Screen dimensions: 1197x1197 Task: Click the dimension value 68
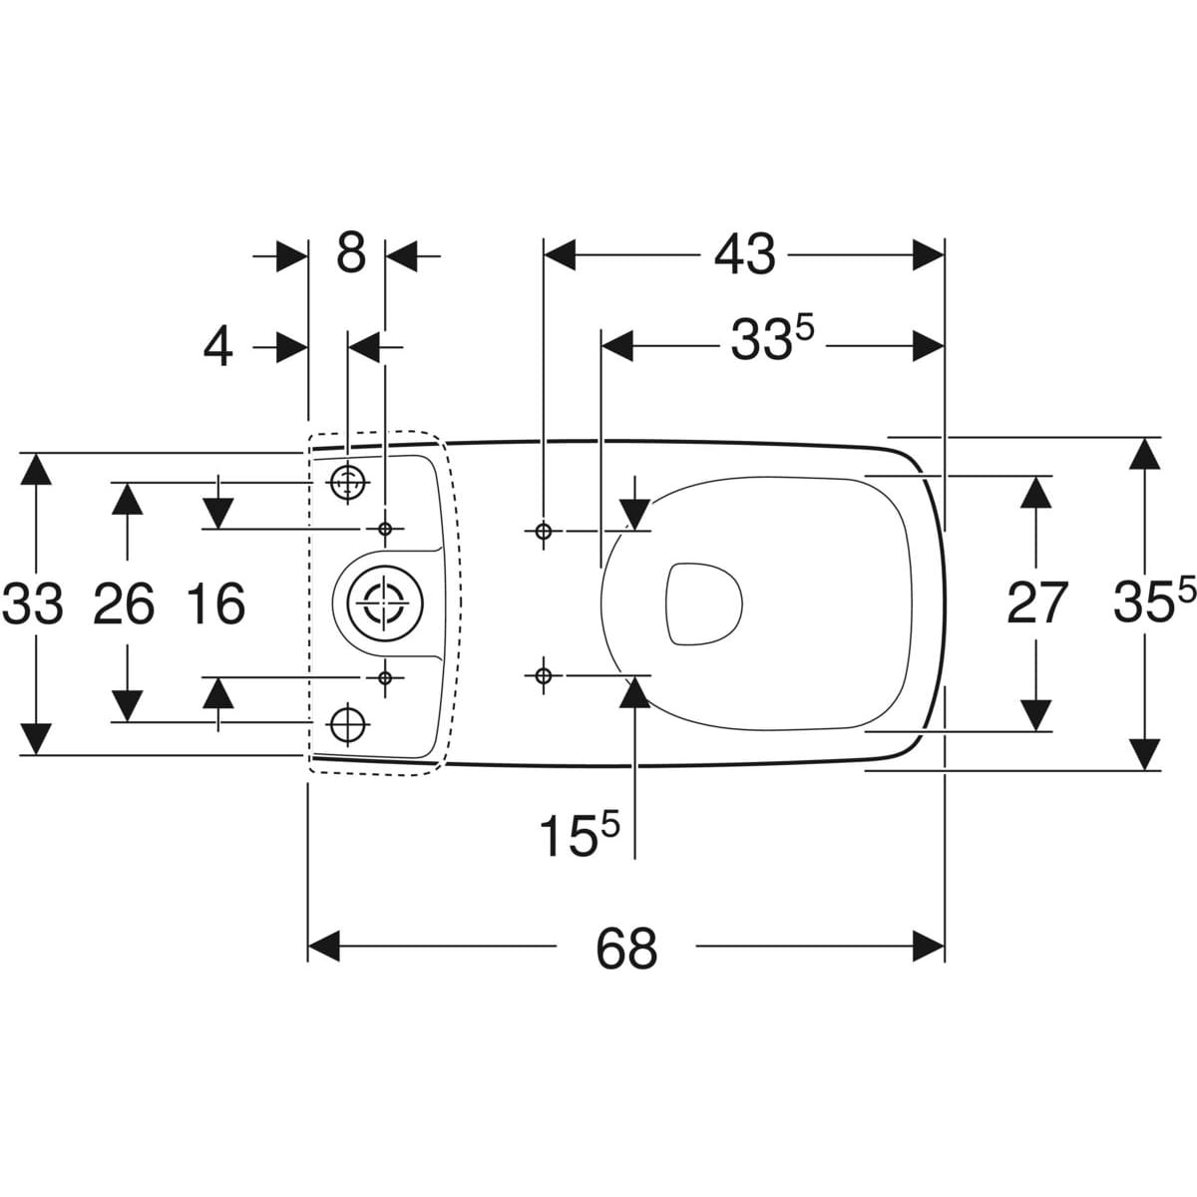pos(626,948)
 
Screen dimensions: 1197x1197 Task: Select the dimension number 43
pos(744,255)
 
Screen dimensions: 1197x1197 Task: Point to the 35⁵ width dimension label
pos(1152,602)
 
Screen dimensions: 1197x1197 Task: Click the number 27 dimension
pos(1037,602)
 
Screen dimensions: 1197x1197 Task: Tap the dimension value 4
pos(218,347)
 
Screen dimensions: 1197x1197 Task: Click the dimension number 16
pos(215,603)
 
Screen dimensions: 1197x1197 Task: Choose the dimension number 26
pos(124,603)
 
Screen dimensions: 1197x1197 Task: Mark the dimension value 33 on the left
pos(33,603)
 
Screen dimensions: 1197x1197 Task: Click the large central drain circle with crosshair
pos(380,603)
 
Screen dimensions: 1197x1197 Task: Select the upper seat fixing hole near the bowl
pos(543,530)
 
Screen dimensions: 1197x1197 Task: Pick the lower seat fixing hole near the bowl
pos(543,676)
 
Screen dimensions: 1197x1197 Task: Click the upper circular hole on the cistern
pos(346,483)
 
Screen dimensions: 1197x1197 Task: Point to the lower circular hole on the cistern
pos(346,722)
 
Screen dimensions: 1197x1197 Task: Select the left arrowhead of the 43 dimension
pos(559,255)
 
